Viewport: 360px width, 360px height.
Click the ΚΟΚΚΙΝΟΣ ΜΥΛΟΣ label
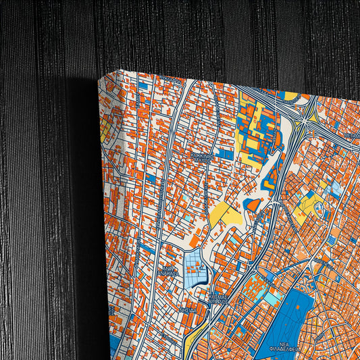click(x=202, y=157)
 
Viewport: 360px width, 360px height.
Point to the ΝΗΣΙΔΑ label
click(x=188, y=309)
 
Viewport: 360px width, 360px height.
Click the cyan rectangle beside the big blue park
click(x=271, y=298)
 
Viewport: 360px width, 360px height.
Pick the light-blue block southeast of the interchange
click(x=333, y=189)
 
